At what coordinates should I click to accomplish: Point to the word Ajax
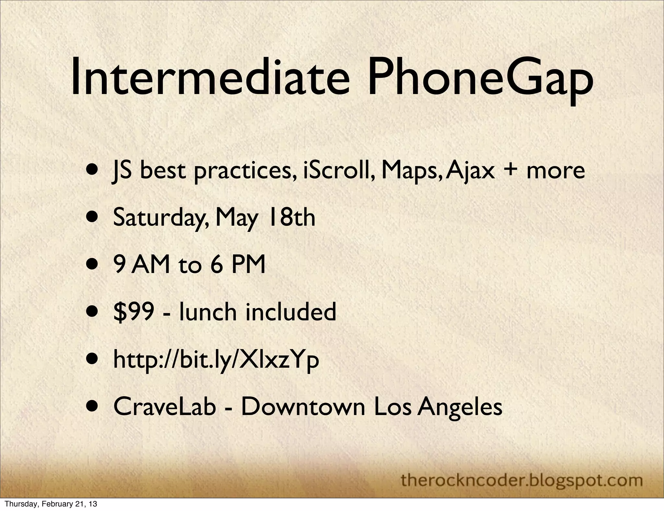point(472,171)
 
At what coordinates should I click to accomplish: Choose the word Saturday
point(159,218)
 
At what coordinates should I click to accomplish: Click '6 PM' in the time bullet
point(238,265)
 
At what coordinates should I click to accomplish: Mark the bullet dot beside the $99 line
point(93,312)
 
